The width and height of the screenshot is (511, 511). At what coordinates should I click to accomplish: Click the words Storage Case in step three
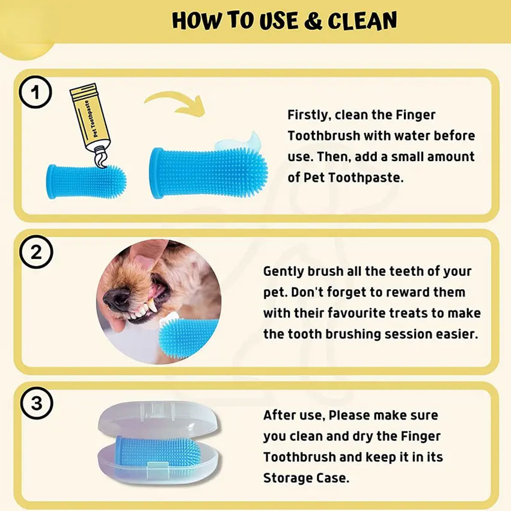coord(305,477)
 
